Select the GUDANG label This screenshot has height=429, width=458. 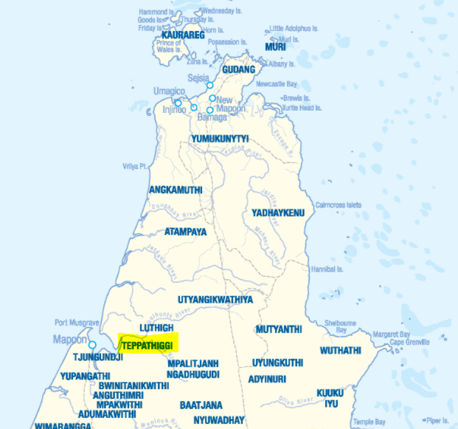pyautogui.click(x=238, y=69)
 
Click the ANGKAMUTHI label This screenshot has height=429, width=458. pyautogui.click(x=176, y=190)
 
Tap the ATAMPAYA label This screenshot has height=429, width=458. pyautogui.click(x=185, y=231)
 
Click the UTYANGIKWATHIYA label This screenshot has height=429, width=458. pyautogui.click(x=215, y=300)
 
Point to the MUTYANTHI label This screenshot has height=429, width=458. pyautogui.click(x=279, y=329)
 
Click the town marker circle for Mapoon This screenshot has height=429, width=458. pyautogui.click(x=92, y=345)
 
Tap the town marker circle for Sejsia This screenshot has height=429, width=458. pyautogui.click(x=209, y=86)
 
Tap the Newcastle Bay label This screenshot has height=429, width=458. pyautogui.click(x=277, y=84)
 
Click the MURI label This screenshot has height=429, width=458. pyautogui.click(x=275, y=47)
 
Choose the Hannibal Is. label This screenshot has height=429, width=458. pyautogui.click(x=327, y=268)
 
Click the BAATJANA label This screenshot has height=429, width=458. pyautogui.click(x=199, y=405)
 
